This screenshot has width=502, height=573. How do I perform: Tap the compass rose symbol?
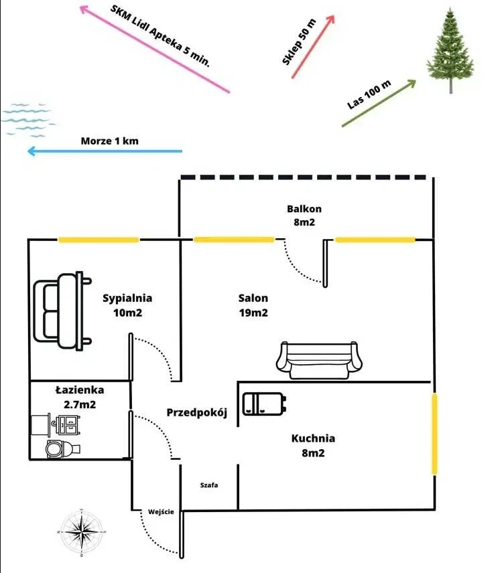[x=82, y=531]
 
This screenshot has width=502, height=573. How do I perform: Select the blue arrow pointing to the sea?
[x=105, y=151]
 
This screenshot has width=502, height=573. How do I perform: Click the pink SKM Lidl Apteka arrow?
[x=154, y=49]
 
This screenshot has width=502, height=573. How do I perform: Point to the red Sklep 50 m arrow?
[x=313, y=47]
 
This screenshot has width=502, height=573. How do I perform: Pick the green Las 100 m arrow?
[x=379, y=103]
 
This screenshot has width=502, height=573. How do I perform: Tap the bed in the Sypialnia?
[x=62, y=311]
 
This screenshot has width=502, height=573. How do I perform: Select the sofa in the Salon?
[x=319, y=360]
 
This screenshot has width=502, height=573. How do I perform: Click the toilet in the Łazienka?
[x=62, y=449]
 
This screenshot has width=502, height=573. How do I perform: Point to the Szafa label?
[x=209, y=485]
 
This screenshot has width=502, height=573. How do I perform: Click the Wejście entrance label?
[x=161, y=512]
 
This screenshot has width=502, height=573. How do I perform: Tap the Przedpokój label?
[x=197, y=412]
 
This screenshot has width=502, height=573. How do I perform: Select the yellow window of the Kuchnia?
[x=434, y=434]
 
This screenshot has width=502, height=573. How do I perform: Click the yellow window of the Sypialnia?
[x=99, y=240]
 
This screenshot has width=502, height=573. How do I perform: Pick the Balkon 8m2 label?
[x=304, y=216]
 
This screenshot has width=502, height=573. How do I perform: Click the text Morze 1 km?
[x=110, y=141]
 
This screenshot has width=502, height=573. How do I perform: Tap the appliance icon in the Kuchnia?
[x=264, y=404]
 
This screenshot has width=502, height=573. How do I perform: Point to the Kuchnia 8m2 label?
[x=313, y=445]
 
